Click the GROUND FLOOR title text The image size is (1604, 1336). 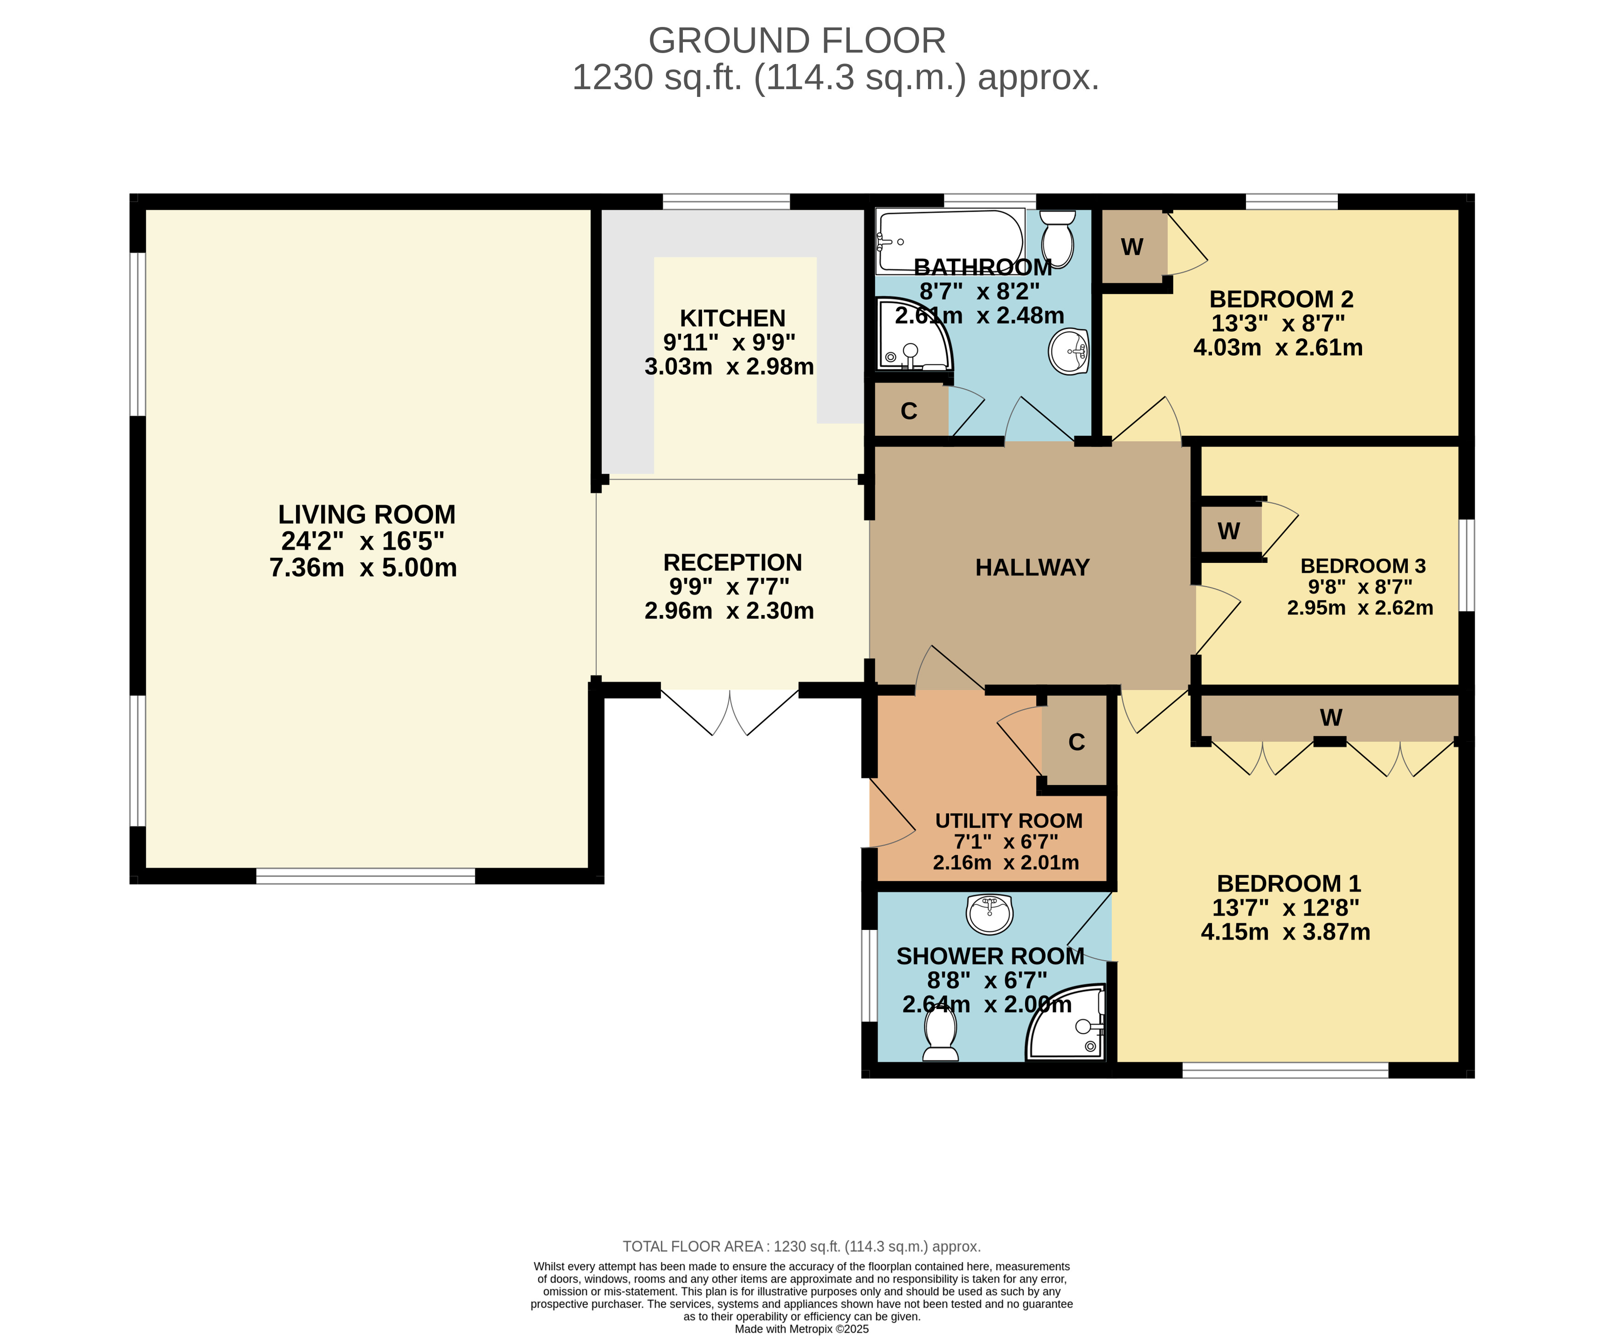coord(797,40)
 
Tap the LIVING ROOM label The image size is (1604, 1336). coord(367,514)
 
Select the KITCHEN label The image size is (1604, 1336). coord(733,318)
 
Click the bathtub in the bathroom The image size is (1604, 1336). coord(950,241)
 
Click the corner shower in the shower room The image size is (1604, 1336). coord(1066,1023)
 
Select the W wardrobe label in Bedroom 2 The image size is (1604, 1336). coord(1132,246)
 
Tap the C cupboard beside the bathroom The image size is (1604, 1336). coord(908,411)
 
